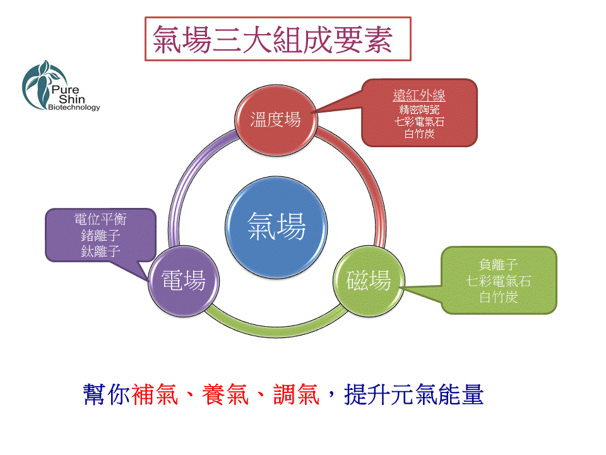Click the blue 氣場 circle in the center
(276, 227)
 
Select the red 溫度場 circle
(276, 120)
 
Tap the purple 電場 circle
(184, 281)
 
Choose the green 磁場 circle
(369, 281)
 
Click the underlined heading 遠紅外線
(419, 95)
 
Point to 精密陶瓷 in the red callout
(419, 109)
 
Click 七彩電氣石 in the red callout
(419, 121)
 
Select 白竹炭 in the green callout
(499, 297)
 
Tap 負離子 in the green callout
(499, 265)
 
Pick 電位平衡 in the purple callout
(100, 219)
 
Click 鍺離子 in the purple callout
(100, 235)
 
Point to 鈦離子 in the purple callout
(100, 252)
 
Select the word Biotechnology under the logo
(74, 107)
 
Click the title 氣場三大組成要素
(273, 39)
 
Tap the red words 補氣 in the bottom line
(155, 394)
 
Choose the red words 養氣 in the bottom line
(226, 394)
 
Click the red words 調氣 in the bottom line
(297, 394)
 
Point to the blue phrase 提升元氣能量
(413, 394)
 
